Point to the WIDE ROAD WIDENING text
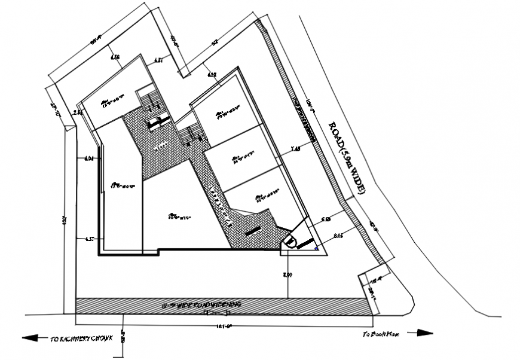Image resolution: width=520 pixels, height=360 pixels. pos(201,305)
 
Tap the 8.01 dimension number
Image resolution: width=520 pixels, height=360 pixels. pos(338,236)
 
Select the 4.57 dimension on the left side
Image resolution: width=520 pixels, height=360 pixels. pos(90,239)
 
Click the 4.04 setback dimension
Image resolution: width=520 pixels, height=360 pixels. pos(90,158)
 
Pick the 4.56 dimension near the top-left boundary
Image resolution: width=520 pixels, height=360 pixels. pos(115,57)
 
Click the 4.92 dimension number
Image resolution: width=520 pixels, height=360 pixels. pos(212,75)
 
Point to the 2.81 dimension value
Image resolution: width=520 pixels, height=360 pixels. pos(78,112)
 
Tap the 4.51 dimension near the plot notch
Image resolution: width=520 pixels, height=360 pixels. pos(158,60)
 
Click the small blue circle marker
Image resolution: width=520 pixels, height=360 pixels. pos(317,248)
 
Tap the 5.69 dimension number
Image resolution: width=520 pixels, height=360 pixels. pos(326,220)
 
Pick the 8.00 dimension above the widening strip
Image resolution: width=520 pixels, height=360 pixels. pos(287,274)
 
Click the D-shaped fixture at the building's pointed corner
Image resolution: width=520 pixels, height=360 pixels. pos(288,242)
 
